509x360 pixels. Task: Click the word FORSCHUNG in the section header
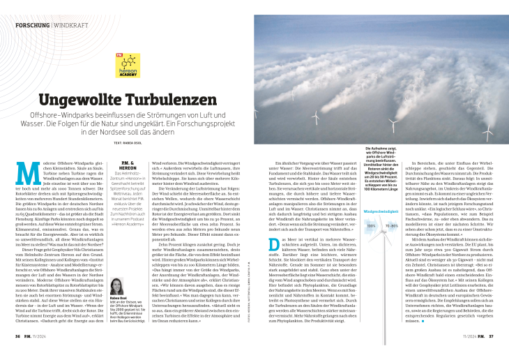32,25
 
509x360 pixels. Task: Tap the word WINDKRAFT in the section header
70,25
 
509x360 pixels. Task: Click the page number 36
20,335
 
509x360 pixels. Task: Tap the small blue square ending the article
423,322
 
